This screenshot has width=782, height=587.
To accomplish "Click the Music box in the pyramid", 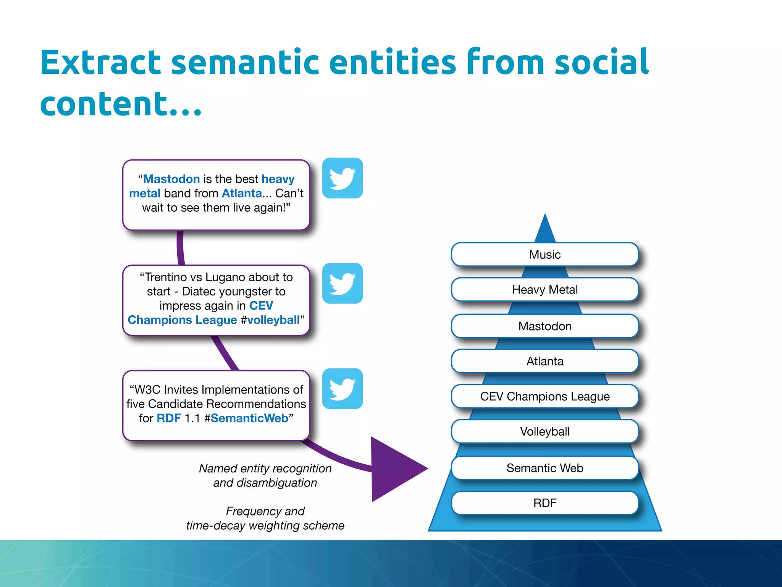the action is click(x=545, y=255).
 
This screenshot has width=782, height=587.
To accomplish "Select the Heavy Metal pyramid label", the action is click(x=545, y=290).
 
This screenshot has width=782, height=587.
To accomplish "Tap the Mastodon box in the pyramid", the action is click(x=545, y=326).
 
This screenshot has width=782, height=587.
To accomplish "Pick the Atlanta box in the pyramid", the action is click(x=545, y=362).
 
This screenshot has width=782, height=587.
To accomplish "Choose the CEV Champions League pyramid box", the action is click(x=545, y=397).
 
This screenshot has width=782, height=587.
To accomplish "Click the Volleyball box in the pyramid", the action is click(x=545, y=432).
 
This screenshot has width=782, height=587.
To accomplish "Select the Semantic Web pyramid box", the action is click(x=545, y=468).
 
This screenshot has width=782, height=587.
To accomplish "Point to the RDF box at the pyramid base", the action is click(x=545, y=503).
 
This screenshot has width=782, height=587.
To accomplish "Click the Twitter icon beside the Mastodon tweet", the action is click(x=343, y=178).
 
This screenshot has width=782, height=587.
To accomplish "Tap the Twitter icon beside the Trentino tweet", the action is click(x=343, y=283).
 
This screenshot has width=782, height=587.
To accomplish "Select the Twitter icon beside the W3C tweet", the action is click(x=343, y=389).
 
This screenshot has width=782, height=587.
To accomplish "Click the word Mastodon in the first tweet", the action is click(x=171, y=179).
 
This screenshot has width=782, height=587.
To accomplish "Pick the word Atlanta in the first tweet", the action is click(x=242, y=193).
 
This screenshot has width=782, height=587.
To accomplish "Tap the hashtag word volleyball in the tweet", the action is click(x=273, y=320).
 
